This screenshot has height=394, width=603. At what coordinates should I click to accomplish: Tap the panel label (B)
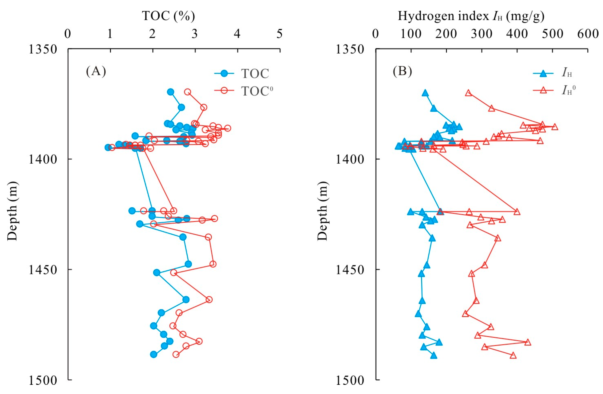pyautogui.click(x=402, y=71)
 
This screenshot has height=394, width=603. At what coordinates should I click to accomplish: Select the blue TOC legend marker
pyautogui.click(x=224, y=74)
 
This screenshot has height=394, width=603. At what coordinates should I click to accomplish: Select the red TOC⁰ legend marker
pyautogui.click(x=224, y=90)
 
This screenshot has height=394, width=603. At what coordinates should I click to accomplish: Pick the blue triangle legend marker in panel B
pyautogui.click(x=543, y=74)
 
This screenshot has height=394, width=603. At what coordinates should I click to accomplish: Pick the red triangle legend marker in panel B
pyautogui.click(x=543, y=90)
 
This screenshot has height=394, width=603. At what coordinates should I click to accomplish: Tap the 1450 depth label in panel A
pyautogui.click(x=42, y=269)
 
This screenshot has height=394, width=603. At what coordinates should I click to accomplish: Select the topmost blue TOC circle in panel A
pyautogui.click(x=171, y=92)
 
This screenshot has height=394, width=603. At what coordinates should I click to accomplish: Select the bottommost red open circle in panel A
pyautogui.click(x=176, y=354)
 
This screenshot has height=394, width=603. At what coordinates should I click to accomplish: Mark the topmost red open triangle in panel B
pyautogui.click(x=468, y=93)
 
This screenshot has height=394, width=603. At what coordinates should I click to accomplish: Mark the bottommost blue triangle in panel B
pyautogui.click(x=434, y=356)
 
